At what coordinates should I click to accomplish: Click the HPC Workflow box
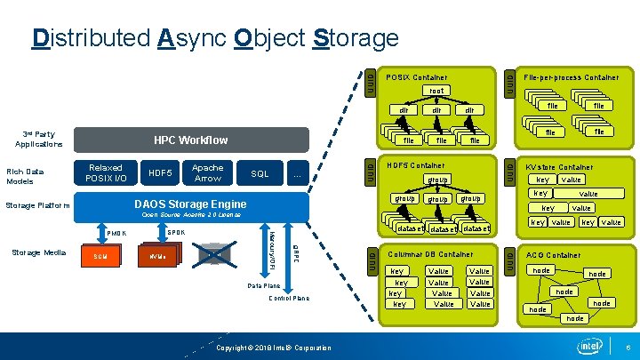tap(190, 140)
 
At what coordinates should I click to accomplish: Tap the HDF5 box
tap(161, 173)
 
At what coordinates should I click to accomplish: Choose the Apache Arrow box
tap(208, 173)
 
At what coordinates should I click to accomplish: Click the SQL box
tap(260, 173)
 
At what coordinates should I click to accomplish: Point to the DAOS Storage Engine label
tap(190, 204)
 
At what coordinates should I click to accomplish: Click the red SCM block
tap(100, 257)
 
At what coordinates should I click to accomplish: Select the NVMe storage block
tap(157, 257)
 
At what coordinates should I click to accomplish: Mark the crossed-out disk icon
tap(214, 256)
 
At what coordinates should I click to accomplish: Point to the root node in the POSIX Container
tap(436, 91)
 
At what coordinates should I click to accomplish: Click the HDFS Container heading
tap(416, 165)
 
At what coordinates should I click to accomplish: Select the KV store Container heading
tap(559, 166)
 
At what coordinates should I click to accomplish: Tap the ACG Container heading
tap(554, 254)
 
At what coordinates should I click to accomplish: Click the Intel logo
tap(589, 345)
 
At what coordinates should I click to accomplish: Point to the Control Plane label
tap(289, 299)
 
